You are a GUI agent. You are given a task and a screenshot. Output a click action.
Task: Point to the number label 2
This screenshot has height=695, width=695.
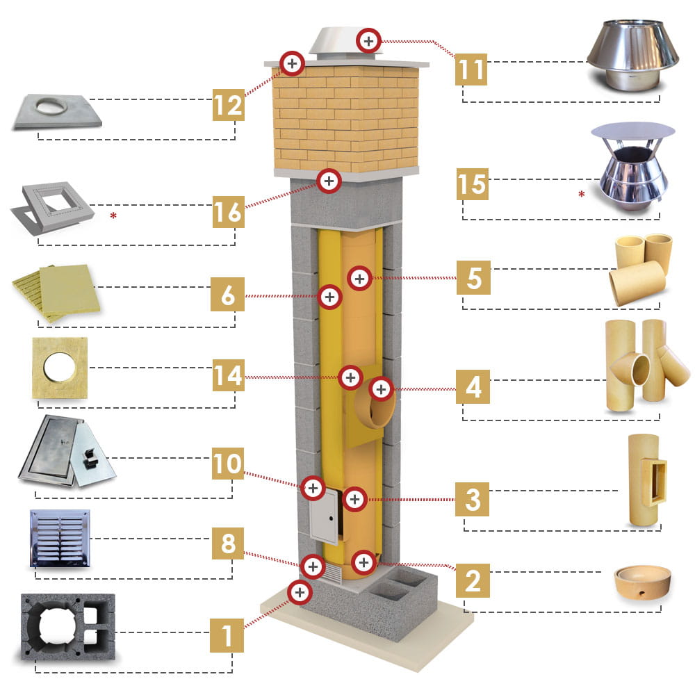[x=473, y=580]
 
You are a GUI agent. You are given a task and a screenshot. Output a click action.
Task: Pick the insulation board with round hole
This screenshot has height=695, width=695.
[x=60, y=368]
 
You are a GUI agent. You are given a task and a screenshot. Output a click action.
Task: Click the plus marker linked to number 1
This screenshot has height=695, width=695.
[x=300, y=592]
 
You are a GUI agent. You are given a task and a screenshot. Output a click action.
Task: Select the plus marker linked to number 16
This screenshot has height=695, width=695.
[x=328, y=181]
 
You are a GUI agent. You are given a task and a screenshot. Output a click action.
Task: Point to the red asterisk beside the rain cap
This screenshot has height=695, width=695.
[x=581, y=195]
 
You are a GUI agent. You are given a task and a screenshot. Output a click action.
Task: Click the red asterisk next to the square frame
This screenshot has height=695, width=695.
[x=113, y=216]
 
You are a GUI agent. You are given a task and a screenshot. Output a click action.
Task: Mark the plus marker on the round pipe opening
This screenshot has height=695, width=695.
[x=380, y=389]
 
